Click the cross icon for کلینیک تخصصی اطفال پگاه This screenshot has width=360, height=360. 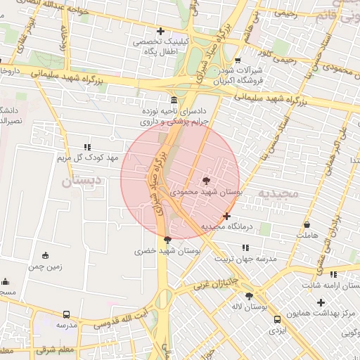161,31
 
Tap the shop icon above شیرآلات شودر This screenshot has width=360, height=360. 238,60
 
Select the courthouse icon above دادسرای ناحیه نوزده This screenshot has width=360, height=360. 174,100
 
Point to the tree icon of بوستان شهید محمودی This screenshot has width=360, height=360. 205,180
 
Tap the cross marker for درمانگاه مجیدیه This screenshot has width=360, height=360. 226,216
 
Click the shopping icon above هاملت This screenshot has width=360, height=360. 307,225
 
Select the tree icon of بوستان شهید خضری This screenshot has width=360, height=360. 167,240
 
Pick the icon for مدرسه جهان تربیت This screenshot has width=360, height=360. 245,247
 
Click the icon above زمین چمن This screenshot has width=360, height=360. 46,255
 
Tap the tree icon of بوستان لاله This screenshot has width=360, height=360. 249,296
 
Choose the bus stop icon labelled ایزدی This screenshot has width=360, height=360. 277,319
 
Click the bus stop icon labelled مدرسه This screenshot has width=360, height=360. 66,315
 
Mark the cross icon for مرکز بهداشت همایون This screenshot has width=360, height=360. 321,302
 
